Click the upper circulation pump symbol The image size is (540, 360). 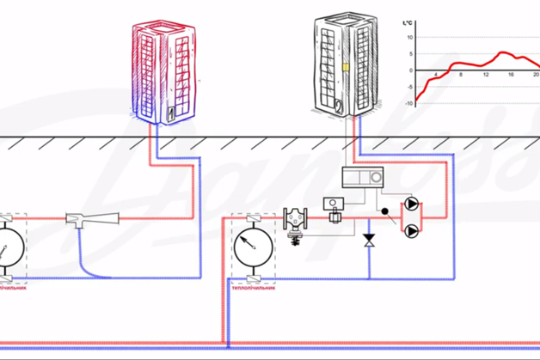pyautogui.click(x=414, y=205)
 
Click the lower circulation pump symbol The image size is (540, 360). pyautogui.click(x=414, y=230)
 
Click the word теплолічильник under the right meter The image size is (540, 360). pyautogui.click(x=254, y=288)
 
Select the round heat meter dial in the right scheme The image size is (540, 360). pyautogui.click(x=253, y=247)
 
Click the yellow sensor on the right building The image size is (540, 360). pyautogui.click(x=344, y=64)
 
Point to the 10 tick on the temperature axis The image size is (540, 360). pyautogui.click(x=411, y=38)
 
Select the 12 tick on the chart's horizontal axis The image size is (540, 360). pyautogui.click(x=486, y=76)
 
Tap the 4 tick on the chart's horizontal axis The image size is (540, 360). pyautogui.click(x=435, y=76)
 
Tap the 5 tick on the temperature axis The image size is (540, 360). pyautogui.click(x=412, y=54)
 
